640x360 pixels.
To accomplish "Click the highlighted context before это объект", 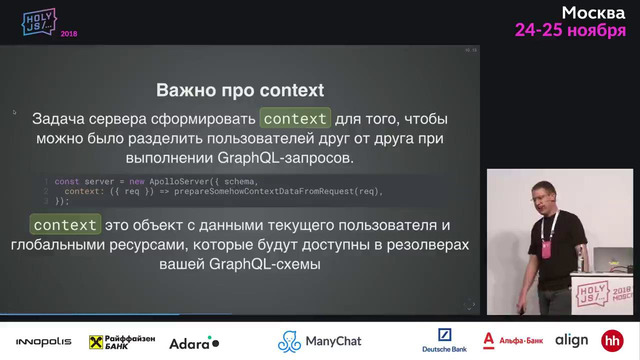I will pyautogui.click(x=65, y=224).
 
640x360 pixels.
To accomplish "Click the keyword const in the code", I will pyautogui.click(x=66, y=181).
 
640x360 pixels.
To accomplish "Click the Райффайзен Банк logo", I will pyautogui.click(x=121, y=342).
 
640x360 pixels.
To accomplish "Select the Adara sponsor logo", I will pyautogui.click(x=194, y=342).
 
